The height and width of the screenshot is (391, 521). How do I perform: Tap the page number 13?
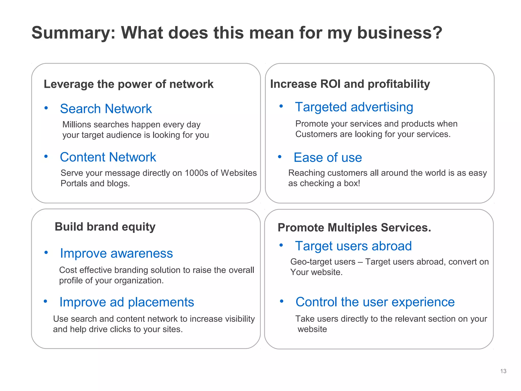(503, 371)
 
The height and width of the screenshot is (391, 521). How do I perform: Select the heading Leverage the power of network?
(128, 84)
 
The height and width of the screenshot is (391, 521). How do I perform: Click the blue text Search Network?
(106, 109)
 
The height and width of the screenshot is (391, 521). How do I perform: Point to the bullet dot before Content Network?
(46, 156)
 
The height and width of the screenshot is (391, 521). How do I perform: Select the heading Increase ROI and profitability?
(350, 84)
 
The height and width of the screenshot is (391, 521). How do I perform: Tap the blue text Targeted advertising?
(354, 107)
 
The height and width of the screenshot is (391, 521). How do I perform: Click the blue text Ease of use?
(328, 158)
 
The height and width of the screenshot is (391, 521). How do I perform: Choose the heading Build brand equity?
(105, 227)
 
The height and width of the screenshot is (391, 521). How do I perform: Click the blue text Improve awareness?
(117, 254)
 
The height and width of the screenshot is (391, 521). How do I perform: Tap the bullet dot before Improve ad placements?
(46, 301)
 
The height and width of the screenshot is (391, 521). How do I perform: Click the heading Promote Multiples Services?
(354, 228)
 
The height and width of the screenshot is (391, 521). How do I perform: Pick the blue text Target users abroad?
(353, 246)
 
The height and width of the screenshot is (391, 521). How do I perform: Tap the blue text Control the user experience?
(375, 302)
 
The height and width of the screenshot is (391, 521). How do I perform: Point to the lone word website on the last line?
(312, 329)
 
